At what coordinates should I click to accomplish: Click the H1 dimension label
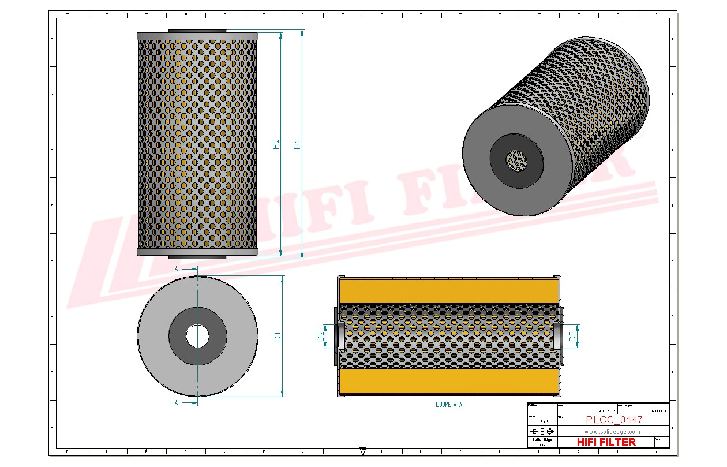[298, 144]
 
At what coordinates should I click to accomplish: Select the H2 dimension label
[276, 144]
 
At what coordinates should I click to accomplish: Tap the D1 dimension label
[278, 336]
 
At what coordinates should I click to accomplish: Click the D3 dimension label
[573, 337]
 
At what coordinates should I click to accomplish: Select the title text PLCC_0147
[614, 420]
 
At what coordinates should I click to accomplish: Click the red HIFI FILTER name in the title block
[606, 442]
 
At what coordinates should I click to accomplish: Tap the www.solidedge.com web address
[612, 431]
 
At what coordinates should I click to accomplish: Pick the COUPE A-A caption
[449, 405]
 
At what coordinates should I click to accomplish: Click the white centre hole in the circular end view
[197, 336]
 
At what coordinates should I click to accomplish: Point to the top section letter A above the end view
[177, 269]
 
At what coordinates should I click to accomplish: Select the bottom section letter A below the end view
[177, 403]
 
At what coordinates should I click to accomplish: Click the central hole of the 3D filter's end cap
[516, 160]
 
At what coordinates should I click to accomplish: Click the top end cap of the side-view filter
[197, 36]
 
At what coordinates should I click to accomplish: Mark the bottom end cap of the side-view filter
[197, 252]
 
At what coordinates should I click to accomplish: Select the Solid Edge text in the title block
[542, 440]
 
